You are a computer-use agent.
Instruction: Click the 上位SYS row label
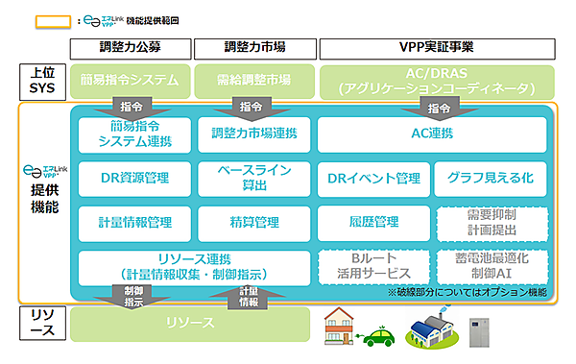(41, 81)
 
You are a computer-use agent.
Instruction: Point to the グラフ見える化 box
(496, 178)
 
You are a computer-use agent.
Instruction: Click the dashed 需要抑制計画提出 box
(496, 223)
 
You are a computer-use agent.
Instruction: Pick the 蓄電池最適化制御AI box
(496, 264)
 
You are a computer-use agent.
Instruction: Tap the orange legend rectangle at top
(54, 19)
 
